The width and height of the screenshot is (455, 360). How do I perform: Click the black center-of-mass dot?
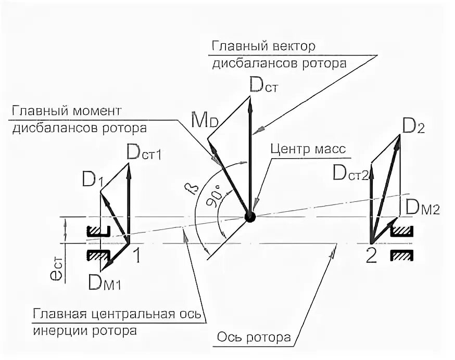(251, 216)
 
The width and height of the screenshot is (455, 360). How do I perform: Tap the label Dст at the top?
(264, 84)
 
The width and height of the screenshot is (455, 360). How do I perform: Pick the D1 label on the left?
(92, 181)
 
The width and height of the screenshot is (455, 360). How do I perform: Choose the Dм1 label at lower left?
(106, 283)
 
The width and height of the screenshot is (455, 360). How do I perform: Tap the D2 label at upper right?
(413, 126)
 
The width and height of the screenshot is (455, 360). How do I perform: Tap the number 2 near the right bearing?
(371, 256)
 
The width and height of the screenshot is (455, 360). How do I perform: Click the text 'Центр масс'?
(308, 149)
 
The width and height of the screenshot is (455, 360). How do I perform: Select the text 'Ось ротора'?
(254, 338)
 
